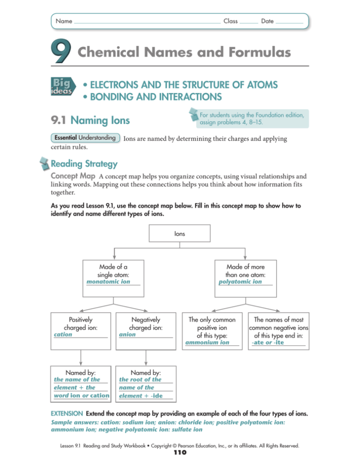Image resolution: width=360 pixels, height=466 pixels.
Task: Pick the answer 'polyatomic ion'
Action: (x=240, y=282)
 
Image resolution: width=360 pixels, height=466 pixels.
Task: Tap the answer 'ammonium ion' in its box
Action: (x=208, y=343)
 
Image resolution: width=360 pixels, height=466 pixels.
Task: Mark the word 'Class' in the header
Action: (x=231, y=22)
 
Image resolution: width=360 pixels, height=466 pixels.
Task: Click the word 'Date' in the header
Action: (x=268, y=22)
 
